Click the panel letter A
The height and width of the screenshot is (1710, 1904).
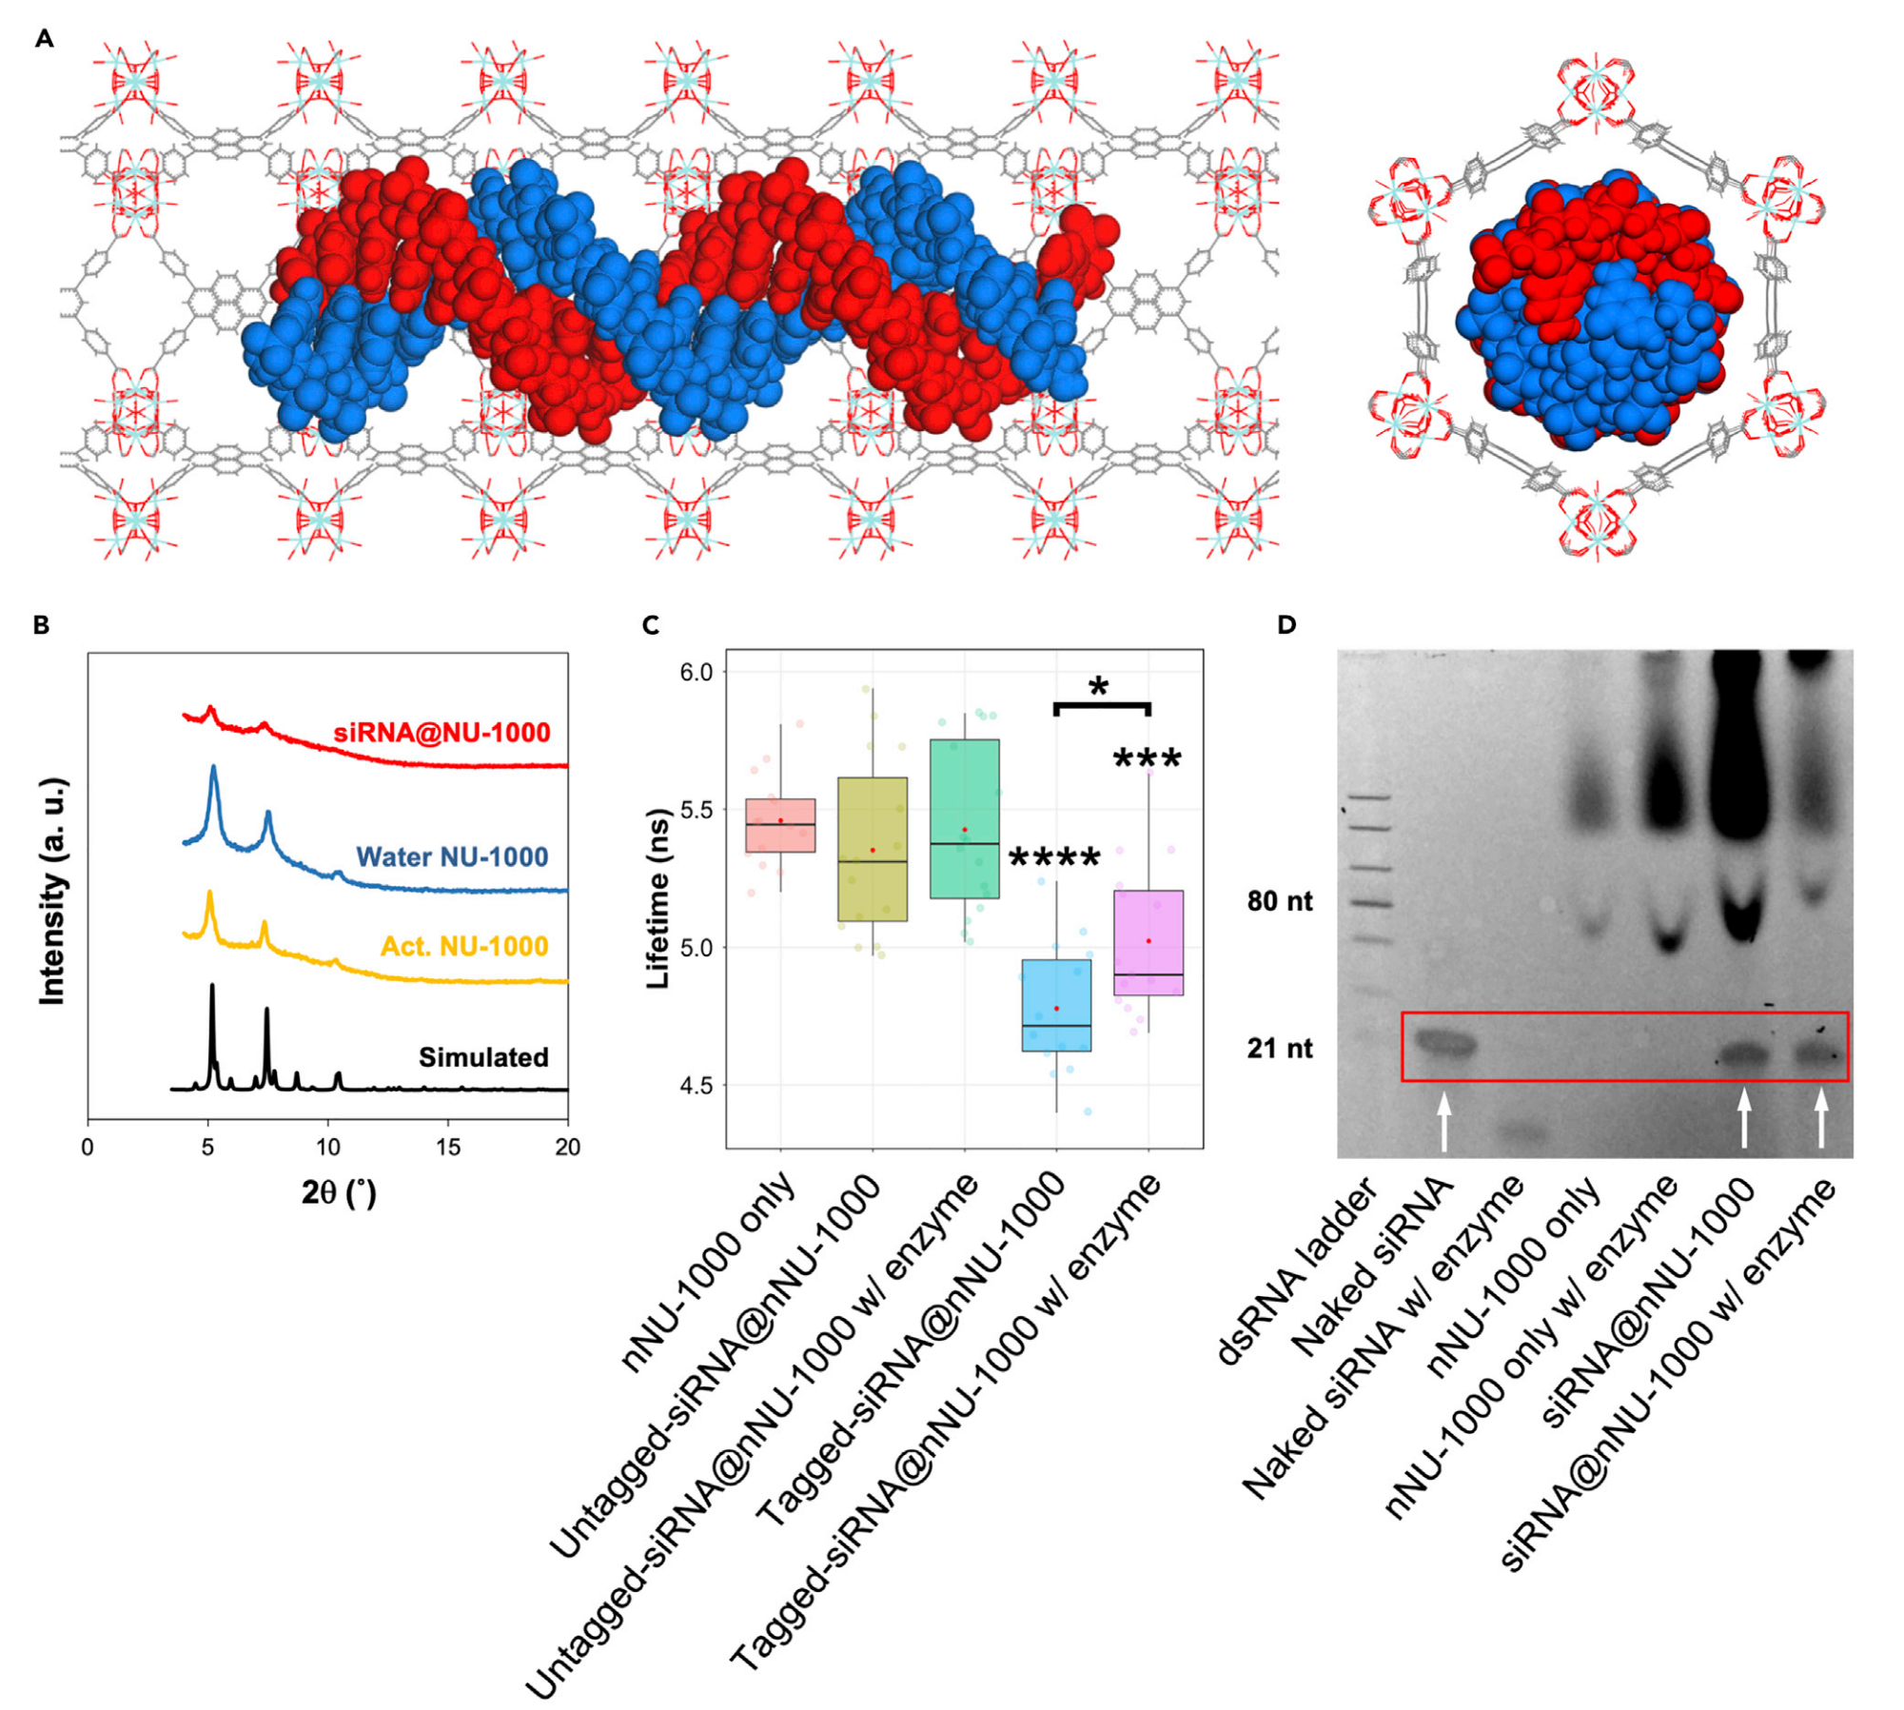click(44, 39)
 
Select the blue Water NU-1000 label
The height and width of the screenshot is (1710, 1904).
click(452, 856)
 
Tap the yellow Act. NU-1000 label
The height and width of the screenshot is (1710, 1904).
click(464, 946)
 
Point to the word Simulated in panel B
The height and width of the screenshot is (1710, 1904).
click(483, 1057)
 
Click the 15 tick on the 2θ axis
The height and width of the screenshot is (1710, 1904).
click(448, 1148)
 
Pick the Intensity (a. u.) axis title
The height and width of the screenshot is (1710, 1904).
click(53, 891)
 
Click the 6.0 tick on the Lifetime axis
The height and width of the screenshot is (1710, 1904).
click(696, 672)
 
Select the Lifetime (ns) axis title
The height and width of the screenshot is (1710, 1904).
click(658, 898)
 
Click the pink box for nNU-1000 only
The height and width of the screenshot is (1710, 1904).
click(780, 825)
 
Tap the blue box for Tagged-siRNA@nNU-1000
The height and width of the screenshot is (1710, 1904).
click(1056, 1005)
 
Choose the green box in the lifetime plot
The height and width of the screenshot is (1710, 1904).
click(965, 818)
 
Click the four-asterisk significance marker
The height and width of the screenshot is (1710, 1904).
click(1054, 858)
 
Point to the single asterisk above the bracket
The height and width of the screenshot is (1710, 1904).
click(1099, 687)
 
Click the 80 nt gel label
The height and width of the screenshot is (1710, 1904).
click(1280, 900)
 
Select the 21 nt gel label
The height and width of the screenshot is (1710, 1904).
click(1280, 1048)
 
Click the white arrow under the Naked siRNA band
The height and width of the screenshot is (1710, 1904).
click(1444, 1121)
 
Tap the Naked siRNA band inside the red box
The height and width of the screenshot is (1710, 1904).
click(1443, 1045)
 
